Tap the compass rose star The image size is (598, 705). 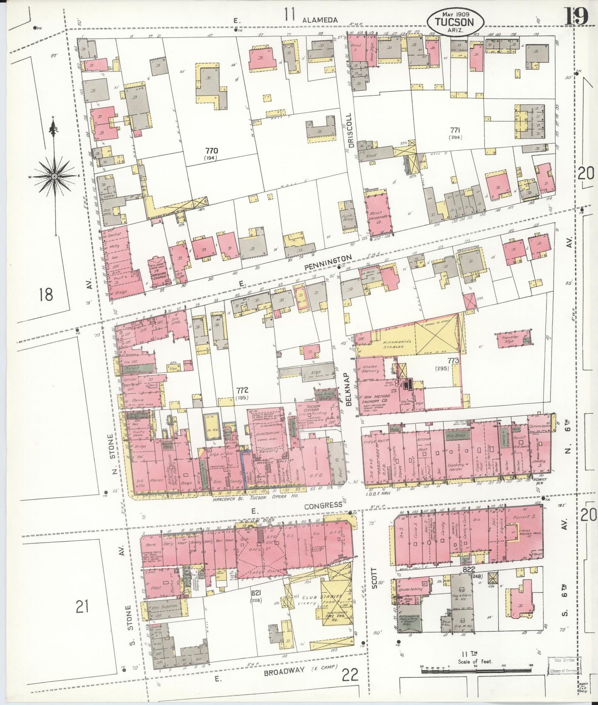[54, 176]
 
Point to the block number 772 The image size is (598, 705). [242, 390]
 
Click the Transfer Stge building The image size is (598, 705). [514, 340]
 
